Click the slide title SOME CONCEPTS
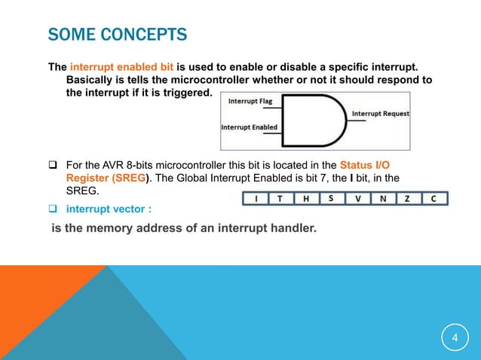click(x=118, y=35)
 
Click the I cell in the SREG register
click(x=256, y=199)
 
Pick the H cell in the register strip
click(x=306, y=199)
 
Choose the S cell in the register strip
click(x=330, y=199)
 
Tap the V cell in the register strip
click(x=357, y=199)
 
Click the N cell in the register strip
click(x=383, y=199)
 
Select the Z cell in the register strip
click(x=408, y=199)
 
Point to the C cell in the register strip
click(x=434, y=199)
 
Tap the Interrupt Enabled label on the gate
click(x=249, y=127)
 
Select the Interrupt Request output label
click(x=381, y=114)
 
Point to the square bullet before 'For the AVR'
click(x=54, y=165)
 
